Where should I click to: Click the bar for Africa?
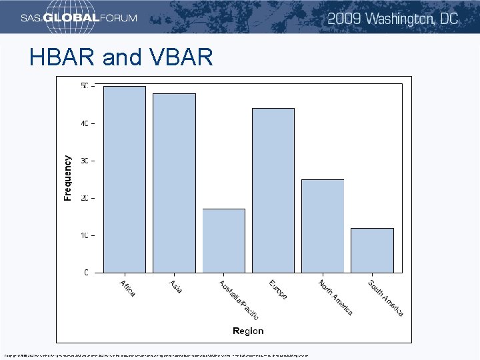[x=125, y=180]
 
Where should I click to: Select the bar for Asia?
[x=174, y=183]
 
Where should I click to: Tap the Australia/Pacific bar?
[x=224, y=241]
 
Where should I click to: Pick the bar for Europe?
[x=273, y=191]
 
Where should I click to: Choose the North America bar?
[x=323, y=226]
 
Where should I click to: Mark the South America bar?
[x=372, y=250]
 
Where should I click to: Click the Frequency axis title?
[x=67, y=178]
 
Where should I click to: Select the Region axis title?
[x=248, y=331]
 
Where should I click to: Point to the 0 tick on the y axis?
[x=86, y=273]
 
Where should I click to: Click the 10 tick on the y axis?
[x=84, y=235]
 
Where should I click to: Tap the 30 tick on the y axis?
[x=84, y=161]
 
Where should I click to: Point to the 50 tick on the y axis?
[x=84, y=86]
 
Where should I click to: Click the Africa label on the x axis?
[x=127, y=288]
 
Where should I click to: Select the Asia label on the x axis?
[x=176, y=286]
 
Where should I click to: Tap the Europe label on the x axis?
[x=278, y=290]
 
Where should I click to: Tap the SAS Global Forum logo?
[x=79, y=18]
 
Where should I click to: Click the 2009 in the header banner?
[x=347, y=18]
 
